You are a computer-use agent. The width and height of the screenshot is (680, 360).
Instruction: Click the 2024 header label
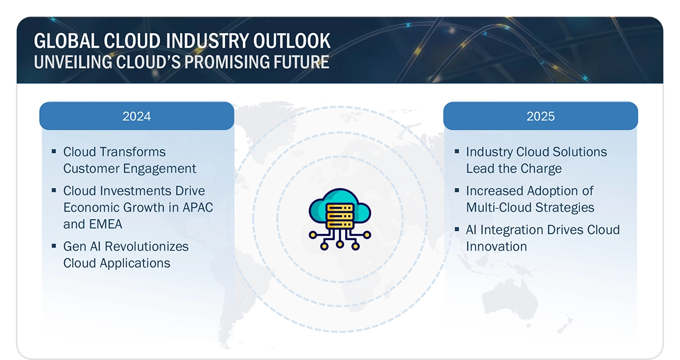[137, 116]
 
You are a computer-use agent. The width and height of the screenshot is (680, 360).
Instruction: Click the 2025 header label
[541, 116]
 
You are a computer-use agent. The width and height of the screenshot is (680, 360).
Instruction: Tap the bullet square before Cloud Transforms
[53, 151]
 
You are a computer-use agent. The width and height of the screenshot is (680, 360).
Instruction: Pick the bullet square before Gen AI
[53, 245]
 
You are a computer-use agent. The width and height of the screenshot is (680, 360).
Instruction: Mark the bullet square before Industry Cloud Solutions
[457, 151]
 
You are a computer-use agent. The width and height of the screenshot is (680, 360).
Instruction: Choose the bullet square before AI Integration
[457, 229]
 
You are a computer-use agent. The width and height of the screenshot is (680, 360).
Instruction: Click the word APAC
[196, 208]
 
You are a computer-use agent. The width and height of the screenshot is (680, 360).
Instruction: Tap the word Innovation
[496, 247]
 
